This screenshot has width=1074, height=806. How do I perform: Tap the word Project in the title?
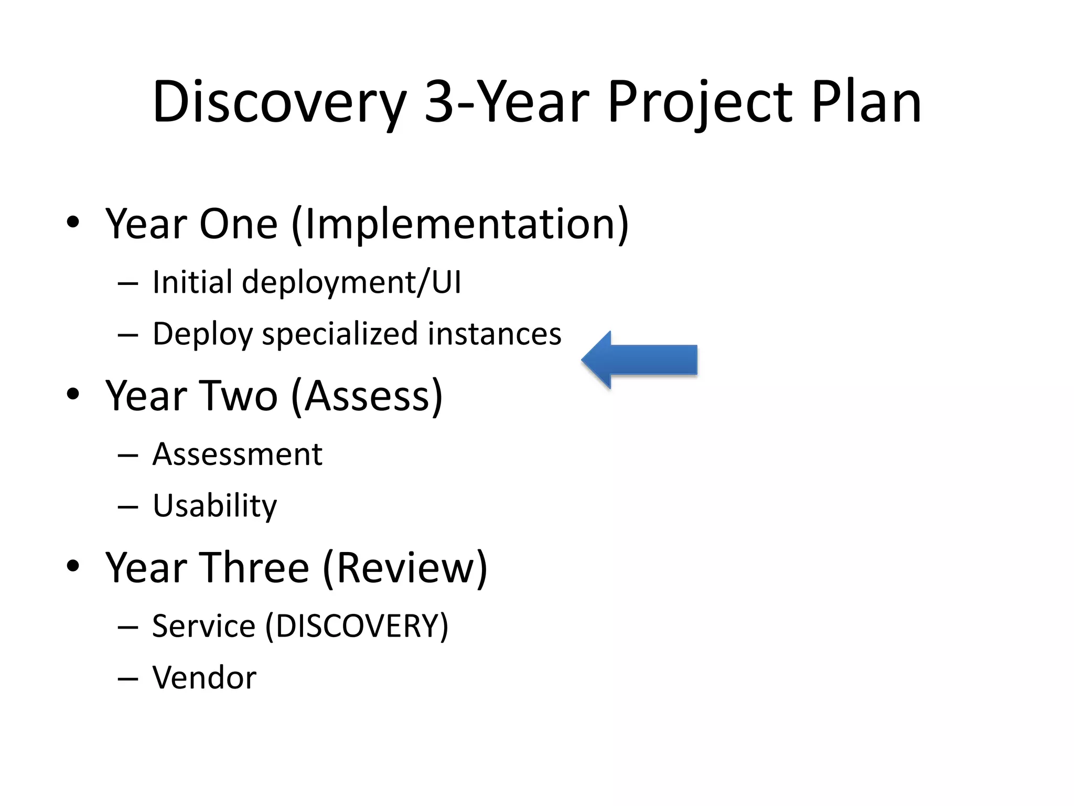[700, 102]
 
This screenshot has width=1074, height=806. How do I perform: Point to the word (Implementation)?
[460, 224]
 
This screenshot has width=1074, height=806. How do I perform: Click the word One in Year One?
[239, 224]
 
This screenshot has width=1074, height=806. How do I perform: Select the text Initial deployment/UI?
[307, 282]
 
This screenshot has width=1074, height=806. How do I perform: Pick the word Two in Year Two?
[239, 396]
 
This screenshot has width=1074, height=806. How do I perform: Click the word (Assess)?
[367, 396]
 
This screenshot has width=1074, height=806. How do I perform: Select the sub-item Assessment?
[237, 454]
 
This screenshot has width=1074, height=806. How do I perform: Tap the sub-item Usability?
[214, 506]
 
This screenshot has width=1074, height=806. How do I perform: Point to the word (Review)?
[405, 568]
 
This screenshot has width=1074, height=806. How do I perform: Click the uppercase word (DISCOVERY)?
[357, 626]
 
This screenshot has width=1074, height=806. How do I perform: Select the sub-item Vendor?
[205, 677]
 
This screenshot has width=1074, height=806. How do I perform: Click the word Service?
[203, 626]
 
